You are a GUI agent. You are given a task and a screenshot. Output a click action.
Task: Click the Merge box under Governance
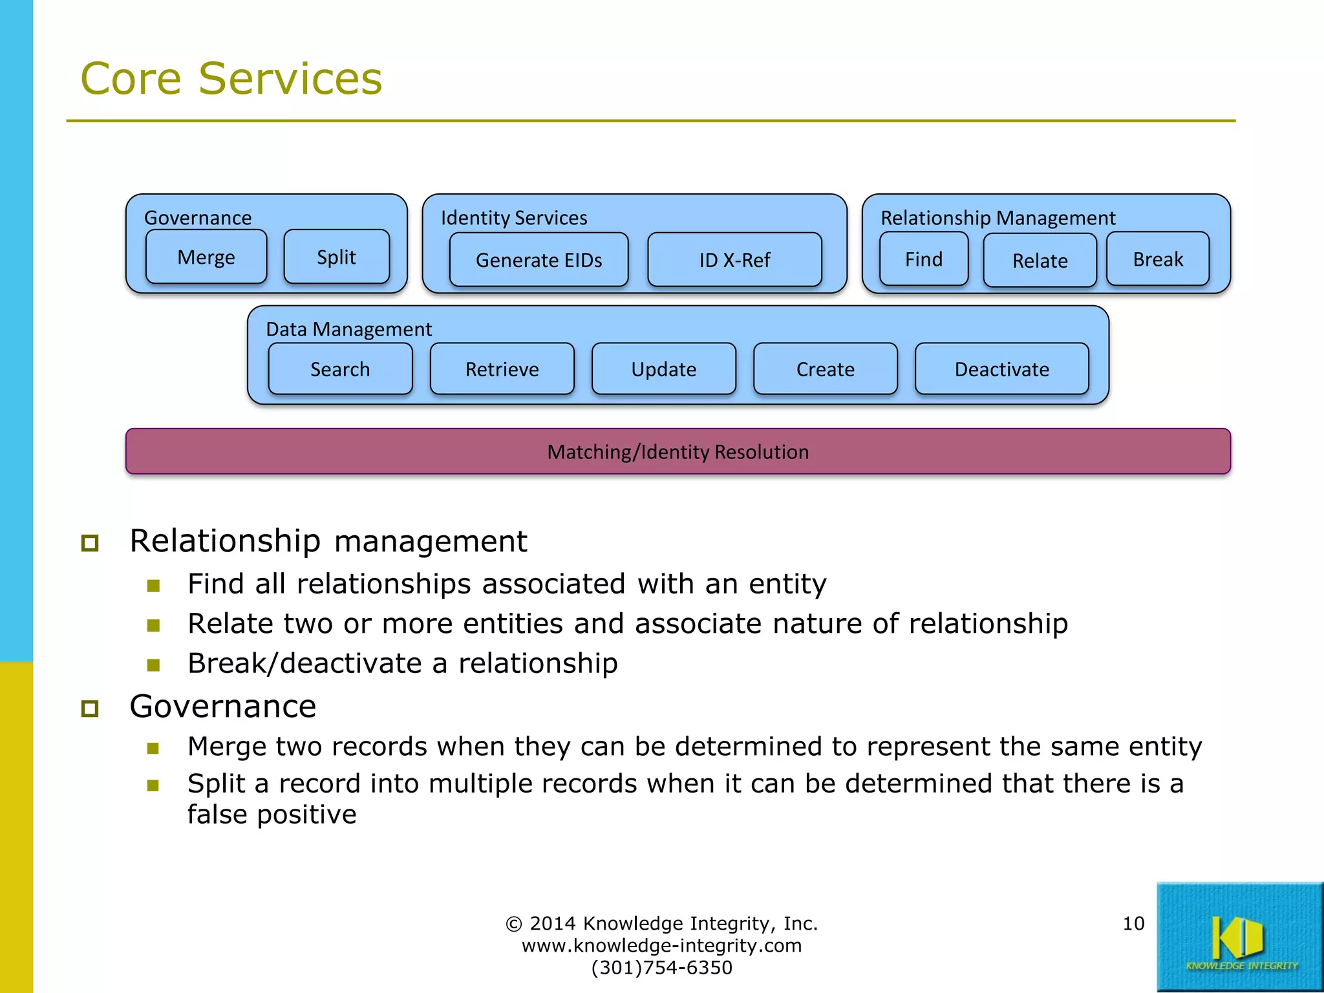206,257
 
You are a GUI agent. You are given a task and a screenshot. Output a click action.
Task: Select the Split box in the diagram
336,257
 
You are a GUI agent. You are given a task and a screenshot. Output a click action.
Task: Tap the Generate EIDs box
539,260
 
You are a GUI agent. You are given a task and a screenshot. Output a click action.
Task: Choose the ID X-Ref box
734,260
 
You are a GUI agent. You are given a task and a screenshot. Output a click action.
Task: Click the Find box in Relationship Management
923,259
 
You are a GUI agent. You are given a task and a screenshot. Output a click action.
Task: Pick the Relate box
1040,261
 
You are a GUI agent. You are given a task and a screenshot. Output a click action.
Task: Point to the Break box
1157,259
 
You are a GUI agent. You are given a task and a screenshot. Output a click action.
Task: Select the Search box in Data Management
340,369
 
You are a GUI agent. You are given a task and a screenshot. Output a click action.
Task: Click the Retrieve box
502,369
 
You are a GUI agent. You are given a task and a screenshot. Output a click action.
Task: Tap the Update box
663,369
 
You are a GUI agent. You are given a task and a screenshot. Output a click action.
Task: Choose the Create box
825,369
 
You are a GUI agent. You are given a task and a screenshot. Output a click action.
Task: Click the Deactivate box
1001,369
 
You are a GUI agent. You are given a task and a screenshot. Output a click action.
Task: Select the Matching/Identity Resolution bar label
678,452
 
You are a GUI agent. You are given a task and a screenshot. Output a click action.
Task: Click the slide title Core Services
231,79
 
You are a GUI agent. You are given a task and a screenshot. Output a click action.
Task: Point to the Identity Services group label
514,218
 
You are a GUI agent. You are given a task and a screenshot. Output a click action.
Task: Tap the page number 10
1133,923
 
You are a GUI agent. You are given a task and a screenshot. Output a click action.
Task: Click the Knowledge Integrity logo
1239,937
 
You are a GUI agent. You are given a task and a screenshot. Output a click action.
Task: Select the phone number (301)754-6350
661,968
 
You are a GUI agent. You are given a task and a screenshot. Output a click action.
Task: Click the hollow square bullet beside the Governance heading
90,709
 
